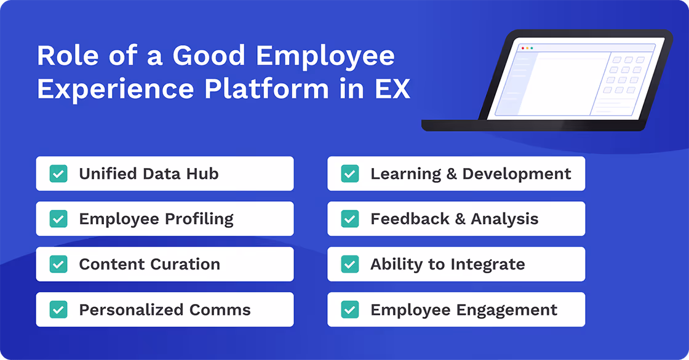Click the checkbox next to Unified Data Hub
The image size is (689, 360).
[58, 174]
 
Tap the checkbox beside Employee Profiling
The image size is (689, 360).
[58, 218]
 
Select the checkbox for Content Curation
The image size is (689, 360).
[58, 264]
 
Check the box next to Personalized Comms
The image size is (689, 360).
[58, 309]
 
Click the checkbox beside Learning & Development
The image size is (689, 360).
[350, 174]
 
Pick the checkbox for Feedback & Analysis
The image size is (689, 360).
[350, 218]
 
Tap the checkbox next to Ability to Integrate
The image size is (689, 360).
[350, 264]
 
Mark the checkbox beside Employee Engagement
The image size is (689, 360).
[350, 309]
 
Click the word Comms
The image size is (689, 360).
[221, 309]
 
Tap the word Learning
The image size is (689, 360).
[406, 174]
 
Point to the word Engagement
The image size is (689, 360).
[510, 310]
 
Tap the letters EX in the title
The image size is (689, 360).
[392, 89]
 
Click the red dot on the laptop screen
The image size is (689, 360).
[523, 48]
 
